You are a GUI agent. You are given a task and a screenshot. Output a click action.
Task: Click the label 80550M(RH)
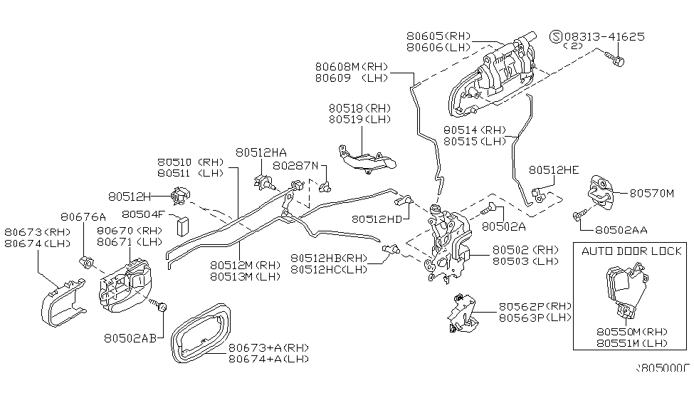pyautogui.click(x=633, y=332)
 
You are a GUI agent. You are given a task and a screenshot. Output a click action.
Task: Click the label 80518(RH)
pyautogui.click(x=359, y=108)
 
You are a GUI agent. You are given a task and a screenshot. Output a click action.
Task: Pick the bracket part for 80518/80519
pyautogui.click(x=367, y=160)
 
